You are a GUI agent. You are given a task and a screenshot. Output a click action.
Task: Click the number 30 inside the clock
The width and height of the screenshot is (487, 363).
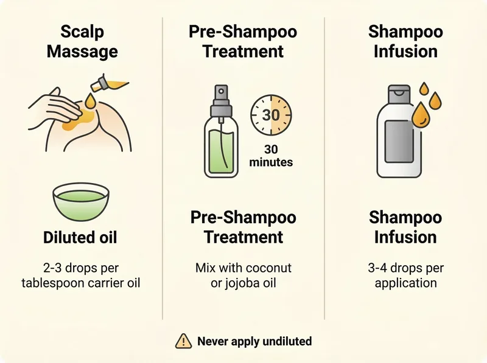270,116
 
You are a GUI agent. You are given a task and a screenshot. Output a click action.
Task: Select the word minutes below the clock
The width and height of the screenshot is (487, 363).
271,162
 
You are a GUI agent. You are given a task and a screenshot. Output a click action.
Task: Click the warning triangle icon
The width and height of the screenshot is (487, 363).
183,342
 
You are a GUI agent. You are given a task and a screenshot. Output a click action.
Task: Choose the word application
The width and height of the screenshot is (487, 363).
405,283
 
